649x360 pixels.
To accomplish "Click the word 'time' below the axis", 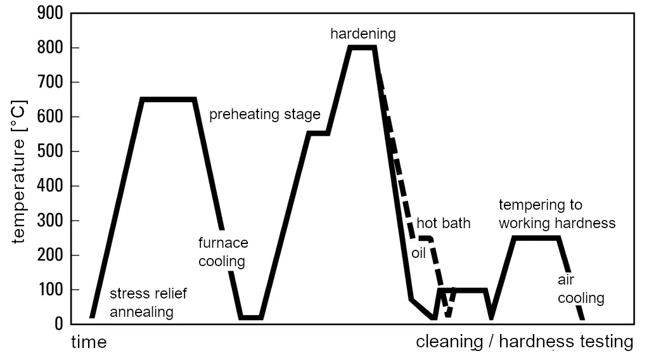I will [89, 342].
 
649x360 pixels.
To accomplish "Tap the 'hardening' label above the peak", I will [363, 34].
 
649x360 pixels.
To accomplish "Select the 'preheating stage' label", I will [265, 115].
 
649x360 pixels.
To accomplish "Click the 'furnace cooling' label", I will [223, 252].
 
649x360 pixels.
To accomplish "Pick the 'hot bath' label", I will [444, 224].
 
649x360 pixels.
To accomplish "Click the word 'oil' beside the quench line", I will [418, 253].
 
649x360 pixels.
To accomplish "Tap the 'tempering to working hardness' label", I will [556, 214].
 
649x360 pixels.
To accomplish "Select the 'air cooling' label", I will [581, 289].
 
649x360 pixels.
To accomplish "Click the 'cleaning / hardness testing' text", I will [524, 342].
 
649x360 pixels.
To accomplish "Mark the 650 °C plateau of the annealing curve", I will [168, 100].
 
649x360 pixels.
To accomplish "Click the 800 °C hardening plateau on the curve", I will [363, 48].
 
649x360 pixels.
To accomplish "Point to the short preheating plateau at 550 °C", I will [318, 134].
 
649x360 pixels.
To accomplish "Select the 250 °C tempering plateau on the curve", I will [537, 238].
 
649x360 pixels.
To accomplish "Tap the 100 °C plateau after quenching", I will [463, 290].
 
